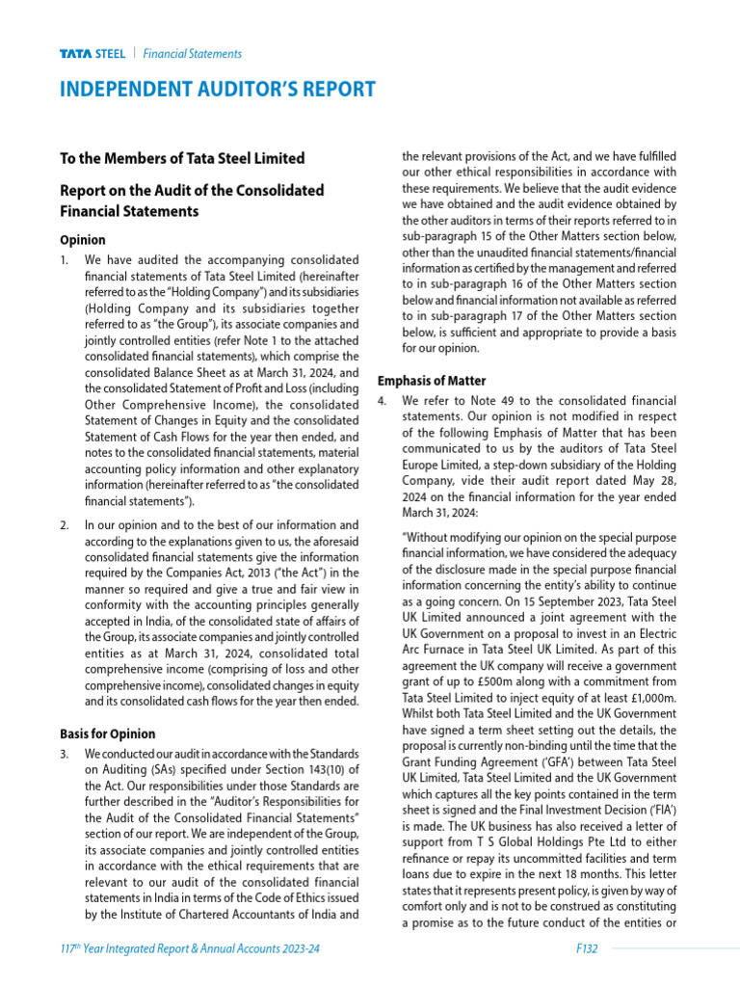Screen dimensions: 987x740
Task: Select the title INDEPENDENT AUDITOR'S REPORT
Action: pos(218,90)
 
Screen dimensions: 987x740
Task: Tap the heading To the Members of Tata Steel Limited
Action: pos(182,158)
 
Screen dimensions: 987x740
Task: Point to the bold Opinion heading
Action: pos(83,240)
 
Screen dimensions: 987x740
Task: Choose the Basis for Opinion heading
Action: pos(107,734)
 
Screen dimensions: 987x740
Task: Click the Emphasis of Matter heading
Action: pos(432,381)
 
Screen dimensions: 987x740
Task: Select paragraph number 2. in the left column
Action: pos(65,526)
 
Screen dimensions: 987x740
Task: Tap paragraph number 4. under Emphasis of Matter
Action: pos(383,400)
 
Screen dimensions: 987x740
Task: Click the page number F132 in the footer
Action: pos(585,949)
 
